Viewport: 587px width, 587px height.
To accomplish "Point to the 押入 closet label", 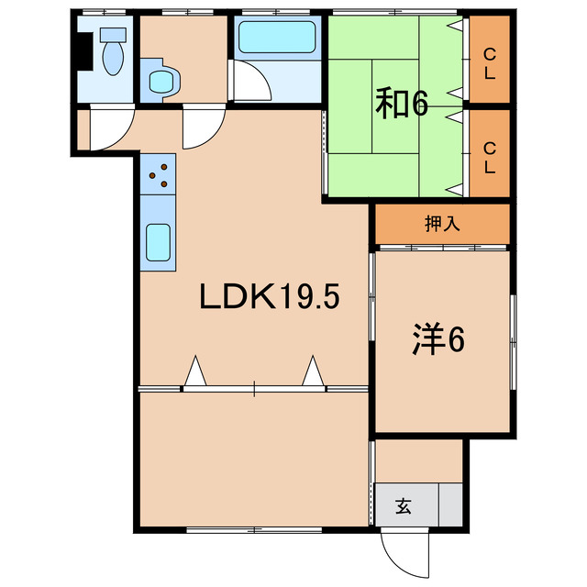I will click(442, 224).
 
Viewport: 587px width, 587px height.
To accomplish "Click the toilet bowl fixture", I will click(113, 52).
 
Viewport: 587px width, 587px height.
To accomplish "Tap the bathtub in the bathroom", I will click(276, 39).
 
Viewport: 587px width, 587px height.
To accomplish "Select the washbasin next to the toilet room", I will click(161, 82).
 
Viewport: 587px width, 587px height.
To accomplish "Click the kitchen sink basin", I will click(160, 243).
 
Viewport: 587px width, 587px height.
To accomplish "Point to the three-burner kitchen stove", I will click(159, 173).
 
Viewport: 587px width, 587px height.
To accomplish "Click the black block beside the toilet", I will click(83, 50).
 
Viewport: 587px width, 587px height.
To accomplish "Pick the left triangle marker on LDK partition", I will click(195, 372).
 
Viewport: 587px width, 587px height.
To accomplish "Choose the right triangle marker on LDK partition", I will click(314, 372).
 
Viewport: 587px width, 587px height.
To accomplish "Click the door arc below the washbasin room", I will click(199, 128).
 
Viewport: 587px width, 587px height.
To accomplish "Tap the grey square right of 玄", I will click(450, 504).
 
